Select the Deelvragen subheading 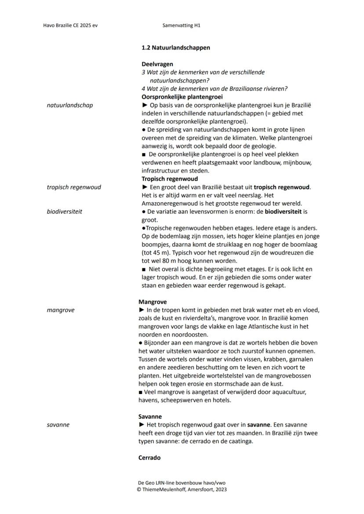click(157, 64)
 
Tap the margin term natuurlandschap click(69, 105)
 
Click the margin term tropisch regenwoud click(73, 187)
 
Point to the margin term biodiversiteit click(64, 211)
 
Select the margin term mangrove click(61, 310)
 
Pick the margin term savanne click(58, 425)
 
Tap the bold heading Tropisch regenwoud click(169, 179)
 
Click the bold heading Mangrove click(152, 302)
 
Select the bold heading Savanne click(150, 416)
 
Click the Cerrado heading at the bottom click(149, 458)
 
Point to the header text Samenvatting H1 click(181, 26)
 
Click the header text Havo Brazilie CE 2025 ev click(70, 26)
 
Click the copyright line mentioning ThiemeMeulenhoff click(182, 489)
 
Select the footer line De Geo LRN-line click(181, 483)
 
